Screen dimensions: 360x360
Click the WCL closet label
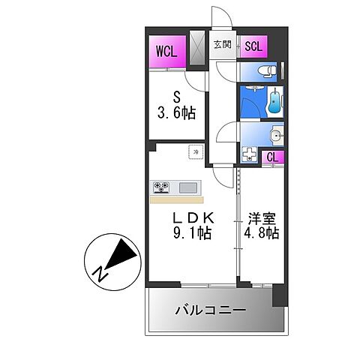166,51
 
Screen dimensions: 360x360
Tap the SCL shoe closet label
253,46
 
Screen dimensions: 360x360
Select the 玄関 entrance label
222,45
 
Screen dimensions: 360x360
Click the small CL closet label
272,157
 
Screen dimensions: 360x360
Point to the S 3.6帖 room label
176,106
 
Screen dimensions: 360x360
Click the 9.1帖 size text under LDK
193,233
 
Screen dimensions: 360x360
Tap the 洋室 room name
262,218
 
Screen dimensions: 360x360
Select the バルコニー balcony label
210,310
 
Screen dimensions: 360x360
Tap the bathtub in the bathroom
275,102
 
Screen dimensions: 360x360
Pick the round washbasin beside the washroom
277,136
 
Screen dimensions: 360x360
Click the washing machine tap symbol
249,154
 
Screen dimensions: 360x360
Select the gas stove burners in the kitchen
161,187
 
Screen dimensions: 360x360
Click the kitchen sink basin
188,187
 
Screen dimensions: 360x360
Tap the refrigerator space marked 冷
196,151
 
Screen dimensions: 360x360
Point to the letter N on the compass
100,273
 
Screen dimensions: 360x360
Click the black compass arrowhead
121,253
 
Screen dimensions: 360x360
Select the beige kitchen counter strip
177,200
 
